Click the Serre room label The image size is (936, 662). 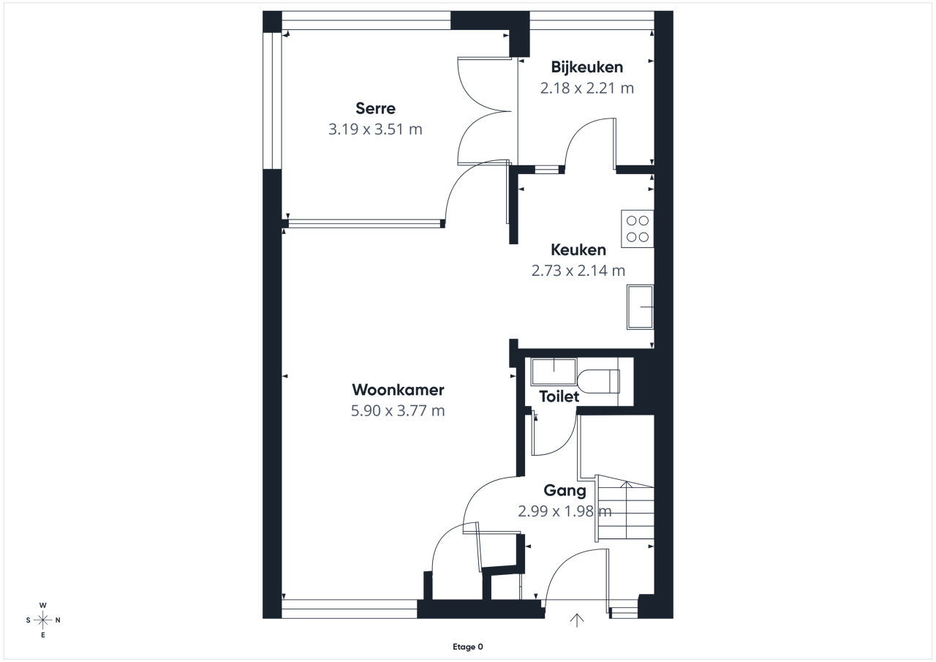tap(375, 109)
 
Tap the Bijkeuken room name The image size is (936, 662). tap(586, 67)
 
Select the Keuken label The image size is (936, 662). tap(578, 250)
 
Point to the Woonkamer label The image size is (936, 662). tap(398, 390)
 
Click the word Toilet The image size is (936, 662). tap(559, 396)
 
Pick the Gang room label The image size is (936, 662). tap(565, 491)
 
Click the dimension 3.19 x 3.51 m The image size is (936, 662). tap(375, 129)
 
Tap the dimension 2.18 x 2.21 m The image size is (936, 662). tap(586, 89)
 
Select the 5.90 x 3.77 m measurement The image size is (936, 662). tap(398, 411)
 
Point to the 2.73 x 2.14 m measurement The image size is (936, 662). tap(578, 271)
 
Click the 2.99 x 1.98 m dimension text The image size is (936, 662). tap(565, 511)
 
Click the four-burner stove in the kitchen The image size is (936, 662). tap(637, 229)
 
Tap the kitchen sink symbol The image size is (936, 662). tap(640, 307)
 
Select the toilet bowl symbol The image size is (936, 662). tap(598, 381)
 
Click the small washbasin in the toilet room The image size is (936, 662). tap(554, 371)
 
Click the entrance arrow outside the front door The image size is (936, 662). tap(577, 620)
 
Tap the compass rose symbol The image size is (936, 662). tap(42, 620)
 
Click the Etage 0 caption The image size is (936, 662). tap(468, 647)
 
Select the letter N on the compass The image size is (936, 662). tap(58, 620)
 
